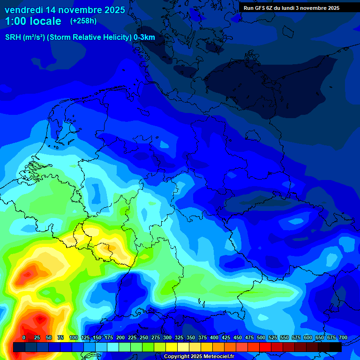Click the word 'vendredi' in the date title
point(24,10)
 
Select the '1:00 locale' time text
point(33,21)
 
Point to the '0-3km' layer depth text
point(144,37)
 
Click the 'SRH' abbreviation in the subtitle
point(13,37)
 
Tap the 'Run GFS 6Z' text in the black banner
point(259,8)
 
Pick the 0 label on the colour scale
point(24,337)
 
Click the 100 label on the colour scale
point(74,337)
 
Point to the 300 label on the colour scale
point(167,337)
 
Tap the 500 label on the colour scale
point(261,337)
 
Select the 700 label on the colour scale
point(343,337)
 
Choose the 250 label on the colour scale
point(144,337)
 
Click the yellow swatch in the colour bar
point(171,347)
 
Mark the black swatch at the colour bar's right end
point(335,347)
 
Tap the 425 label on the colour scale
point(226,337)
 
